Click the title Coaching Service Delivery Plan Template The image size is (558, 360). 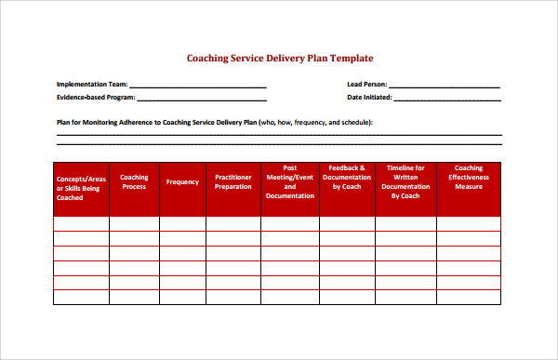coord(280,58)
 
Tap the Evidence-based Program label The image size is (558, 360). coord(96,97)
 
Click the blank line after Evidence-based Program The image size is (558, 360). coord(202,99)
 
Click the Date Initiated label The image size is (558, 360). coord(369,97)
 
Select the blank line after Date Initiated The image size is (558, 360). coord(447,99)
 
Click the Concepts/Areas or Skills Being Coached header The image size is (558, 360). coord(81,187)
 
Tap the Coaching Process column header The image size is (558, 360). coord(134,181)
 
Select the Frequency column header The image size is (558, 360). coord(182,182)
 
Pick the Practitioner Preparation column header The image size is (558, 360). coord(232,181)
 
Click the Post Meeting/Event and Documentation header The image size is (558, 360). coord(289,182)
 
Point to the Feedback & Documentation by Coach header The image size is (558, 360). coord(348,177)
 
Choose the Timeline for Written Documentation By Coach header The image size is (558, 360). coord(405,182)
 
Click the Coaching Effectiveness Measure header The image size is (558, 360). coord(468,177)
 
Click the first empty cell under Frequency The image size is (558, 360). coord(182,223)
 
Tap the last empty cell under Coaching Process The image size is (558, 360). coord(134,298)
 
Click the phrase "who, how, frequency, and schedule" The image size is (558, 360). coord(315,122)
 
